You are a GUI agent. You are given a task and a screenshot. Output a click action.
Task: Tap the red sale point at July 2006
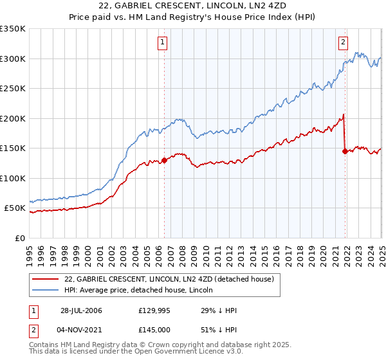coord(164,160)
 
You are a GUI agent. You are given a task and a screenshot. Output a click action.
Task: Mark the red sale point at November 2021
coord(345,151)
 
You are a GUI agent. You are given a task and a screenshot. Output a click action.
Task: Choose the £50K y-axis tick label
coord(15,208)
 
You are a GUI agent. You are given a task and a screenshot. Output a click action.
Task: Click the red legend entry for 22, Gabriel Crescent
coord(169,279)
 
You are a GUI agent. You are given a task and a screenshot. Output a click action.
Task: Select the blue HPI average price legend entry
coord(143,290)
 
